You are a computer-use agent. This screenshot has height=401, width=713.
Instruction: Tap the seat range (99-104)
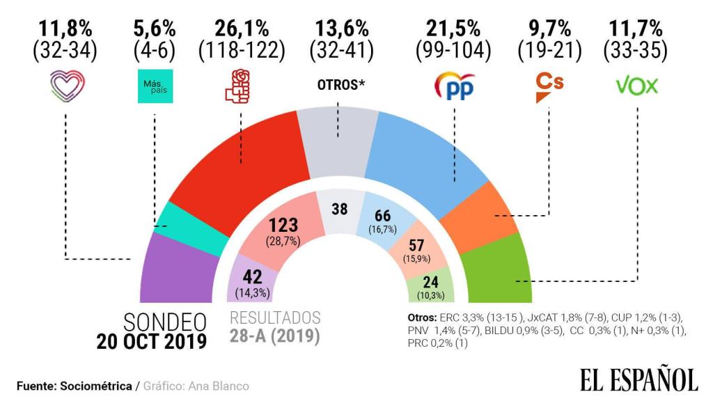pyautogui.click(x=453, y=50)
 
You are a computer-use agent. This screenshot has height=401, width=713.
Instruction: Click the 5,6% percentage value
pyautogui.click(x=154, y=29)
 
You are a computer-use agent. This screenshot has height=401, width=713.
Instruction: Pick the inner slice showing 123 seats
pyautogui.click(x=284, y=230)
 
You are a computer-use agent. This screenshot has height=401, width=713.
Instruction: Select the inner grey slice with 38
pyautogui.click(x=339, y=209)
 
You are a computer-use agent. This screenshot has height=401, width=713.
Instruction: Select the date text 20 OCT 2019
pyautogui.click(x=151, y=342)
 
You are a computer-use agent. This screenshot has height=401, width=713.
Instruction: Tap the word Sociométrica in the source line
pyautogui.click(x=97, y=386)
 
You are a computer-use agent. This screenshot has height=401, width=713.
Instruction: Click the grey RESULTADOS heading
pyautogui.click(x=275, y=318)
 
